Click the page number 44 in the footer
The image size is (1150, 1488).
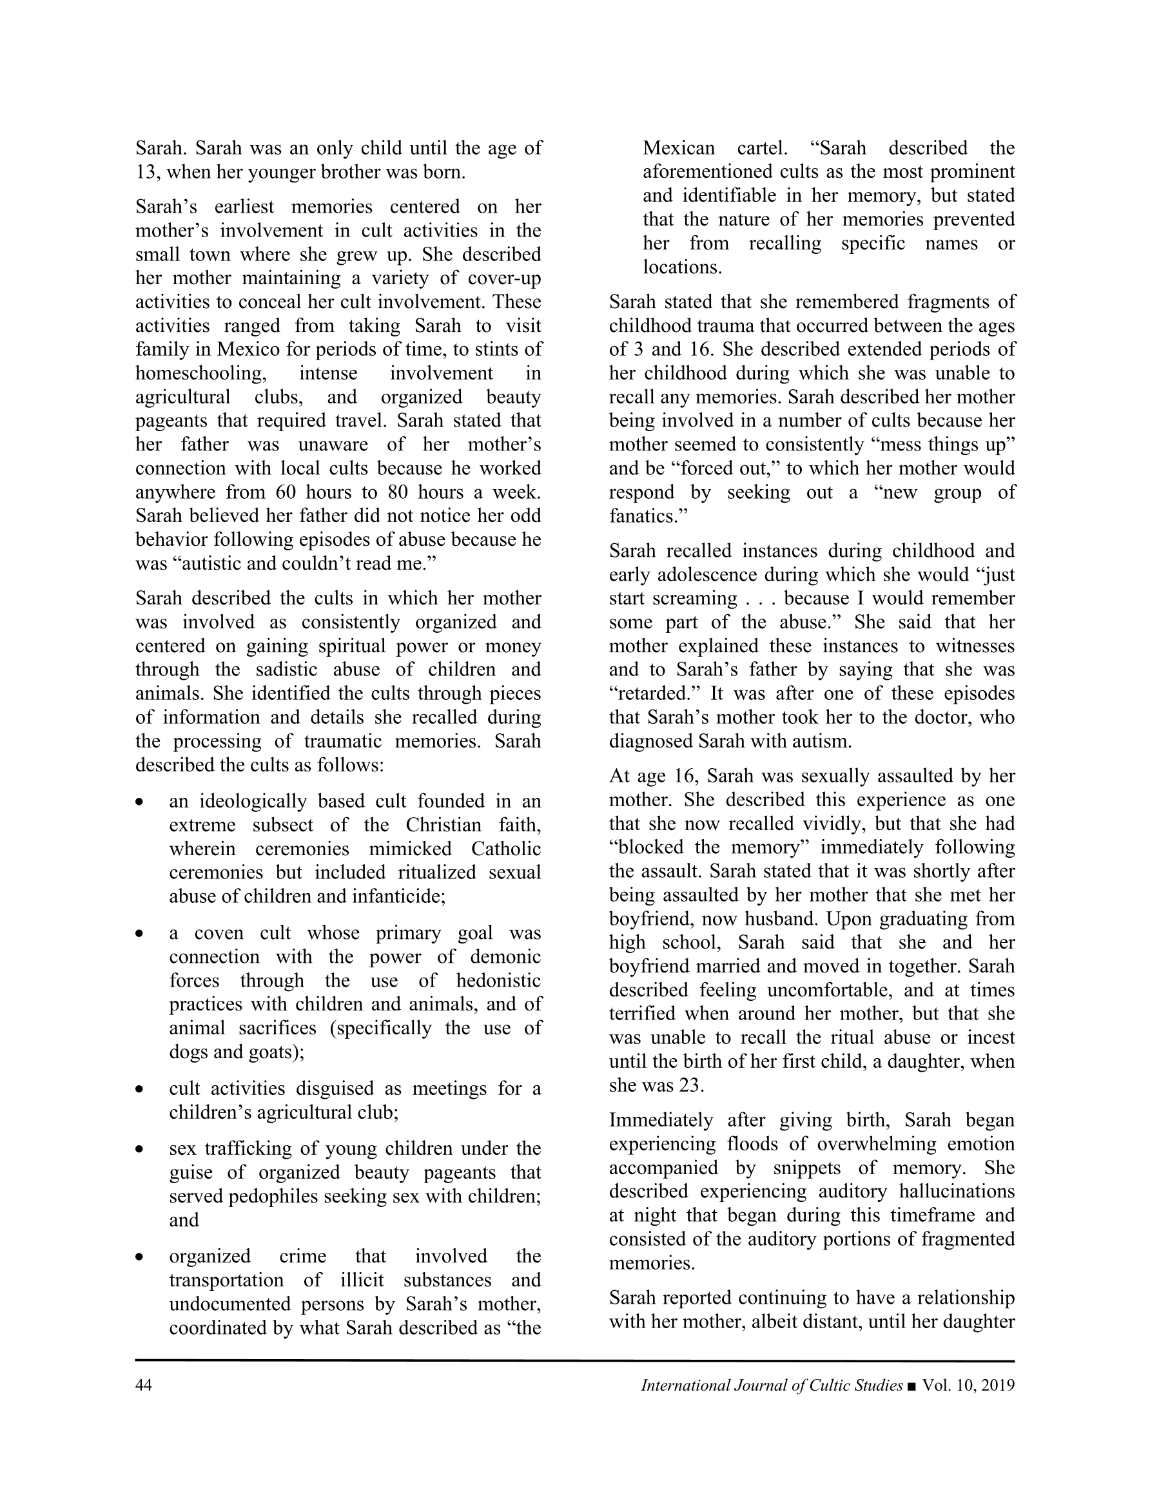click(x=143, y=1385)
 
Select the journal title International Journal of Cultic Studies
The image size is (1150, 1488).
click(x=772, y=1385)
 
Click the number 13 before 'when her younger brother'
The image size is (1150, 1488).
click(x=146, y=171)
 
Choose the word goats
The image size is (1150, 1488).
click(x=282, y=1052)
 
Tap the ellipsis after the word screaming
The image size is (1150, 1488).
click(x=760, y=599)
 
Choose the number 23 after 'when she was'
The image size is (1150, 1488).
click(x=690, y=1085)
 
